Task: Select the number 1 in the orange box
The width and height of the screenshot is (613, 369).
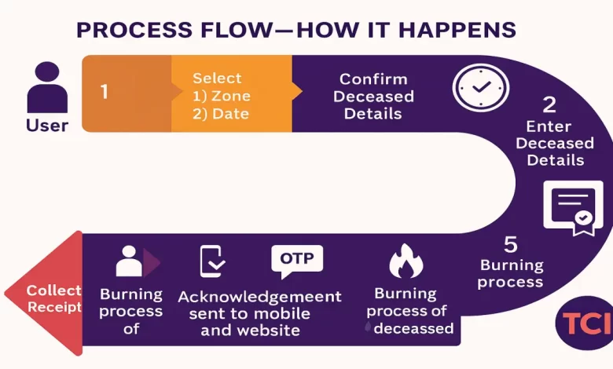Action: [x=105, y=91]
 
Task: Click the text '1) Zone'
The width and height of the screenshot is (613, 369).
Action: [x=221, y=97]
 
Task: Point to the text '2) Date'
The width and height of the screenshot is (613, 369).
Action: [x=221, y=114]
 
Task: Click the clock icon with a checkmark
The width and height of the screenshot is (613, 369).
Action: [x=475, y=86]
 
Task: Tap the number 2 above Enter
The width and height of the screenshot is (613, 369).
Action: [x=549, y=104]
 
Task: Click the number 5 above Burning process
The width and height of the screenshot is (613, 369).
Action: [x=511, y=243]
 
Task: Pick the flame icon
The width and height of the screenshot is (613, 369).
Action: [x=406, y=261]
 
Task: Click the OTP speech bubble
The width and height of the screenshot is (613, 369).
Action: [x=296, y=260]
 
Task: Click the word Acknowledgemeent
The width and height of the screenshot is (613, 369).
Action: [x=259, y=297]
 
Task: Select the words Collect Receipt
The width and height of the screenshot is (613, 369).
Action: [x=53, y=298]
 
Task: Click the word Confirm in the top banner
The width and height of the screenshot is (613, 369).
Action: [x=373, y=79]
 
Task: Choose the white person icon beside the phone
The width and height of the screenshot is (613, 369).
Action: [x=129, y=261]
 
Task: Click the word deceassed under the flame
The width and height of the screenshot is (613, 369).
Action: [x=414, y=328]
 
